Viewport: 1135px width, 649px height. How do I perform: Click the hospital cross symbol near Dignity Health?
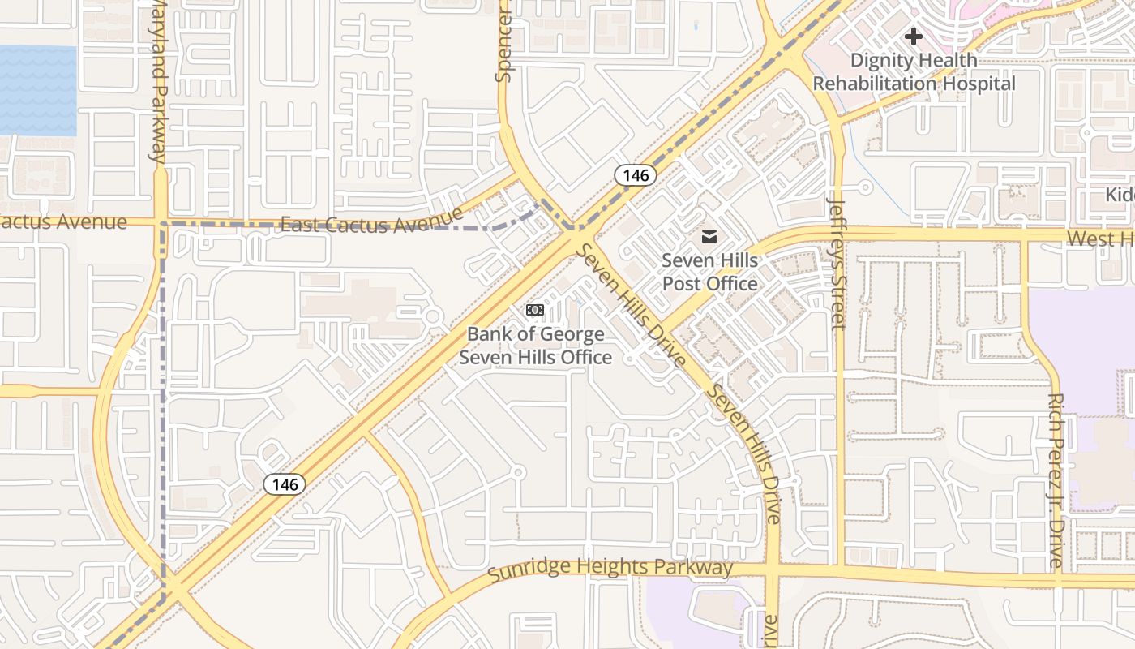[914, 37]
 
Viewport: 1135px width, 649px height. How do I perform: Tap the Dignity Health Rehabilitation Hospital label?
[914, 72]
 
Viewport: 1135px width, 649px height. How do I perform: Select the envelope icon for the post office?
[709, 237]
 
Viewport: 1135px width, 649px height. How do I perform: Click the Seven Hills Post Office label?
[709, 272]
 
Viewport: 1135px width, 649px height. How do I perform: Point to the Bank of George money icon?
[535, 310]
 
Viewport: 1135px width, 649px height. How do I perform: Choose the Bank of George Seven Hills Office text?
[535, 346]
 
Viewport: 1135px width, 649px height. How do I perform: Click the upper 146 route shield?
[635, 174]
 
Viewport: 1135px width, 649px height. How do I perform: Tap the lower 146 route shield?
[285, 484]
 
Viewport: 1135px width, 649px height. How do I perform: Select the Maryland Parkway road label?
[160, 81]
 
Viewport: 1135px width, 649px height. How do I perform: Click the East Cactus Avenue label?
[371, 221]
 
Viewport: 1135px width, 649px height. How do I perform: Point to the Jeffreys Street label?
[837, 264]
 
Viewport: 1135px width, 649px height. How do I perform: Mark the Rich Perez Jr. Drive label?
[1055, 480]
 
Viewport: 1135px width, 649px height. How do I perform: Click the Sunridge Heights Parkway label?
[610, 569]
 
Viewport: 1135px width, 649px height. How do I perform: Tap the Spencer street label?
[504, 41]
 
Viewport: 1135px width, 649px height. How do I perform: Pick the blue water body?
[38, 90]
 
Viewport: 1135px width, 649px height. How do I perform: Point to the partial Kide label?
[1120, 196]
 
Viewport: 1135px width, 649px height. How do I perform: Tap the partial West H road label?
[1100, 239]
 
